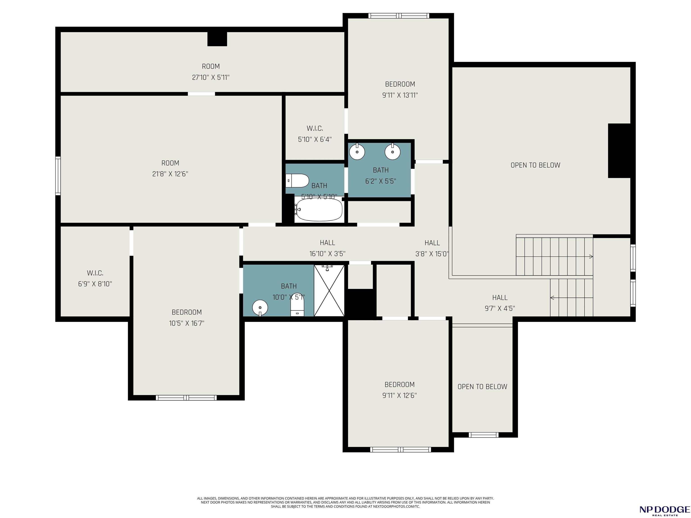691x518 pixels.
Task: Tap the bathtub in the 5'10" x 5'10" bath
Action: coord(319,210)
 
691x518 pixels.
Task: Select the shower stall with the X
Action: coord(329,290)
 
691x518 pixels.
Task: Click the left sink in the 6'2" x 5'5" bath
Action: coord(357,152)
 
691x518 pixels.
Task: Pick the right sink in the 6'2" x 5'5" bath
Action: coord(392,152)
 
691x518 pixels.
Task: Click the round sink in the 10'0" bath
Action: coord(260,308)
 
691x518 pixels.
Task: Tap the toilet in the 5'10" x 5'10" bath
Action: coord(297,181)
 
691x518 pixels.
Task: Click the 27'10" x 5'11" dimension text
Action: coord(211,77)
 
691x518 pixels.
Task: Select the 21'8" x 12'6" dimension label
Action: coord(170,174)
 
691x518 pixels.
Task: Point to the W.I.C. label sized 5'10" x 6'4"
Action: coord(315,128)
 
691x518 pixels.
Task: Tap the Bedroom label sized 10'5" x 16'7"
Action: coord(186,312)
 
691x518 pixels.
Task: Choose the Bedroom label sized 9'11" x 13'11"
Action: coord(400,84)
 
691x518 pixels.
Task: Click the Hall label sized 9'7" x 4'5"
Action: coord(500,298)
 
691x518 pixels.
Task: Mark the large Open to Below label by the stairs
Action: coord(535,165)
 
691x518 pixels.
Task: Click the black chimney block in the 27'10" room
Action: coord(217,39)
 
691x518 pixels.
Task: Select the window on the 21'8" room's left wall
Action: coord(58,176)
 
